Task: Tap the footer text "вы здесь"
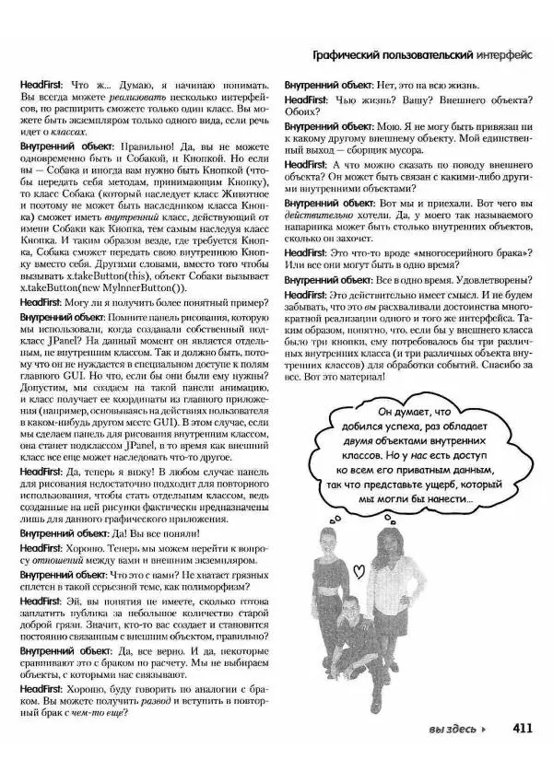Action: tap(452, 730)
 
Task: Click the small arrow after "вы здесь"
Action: tap(485, 730)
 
